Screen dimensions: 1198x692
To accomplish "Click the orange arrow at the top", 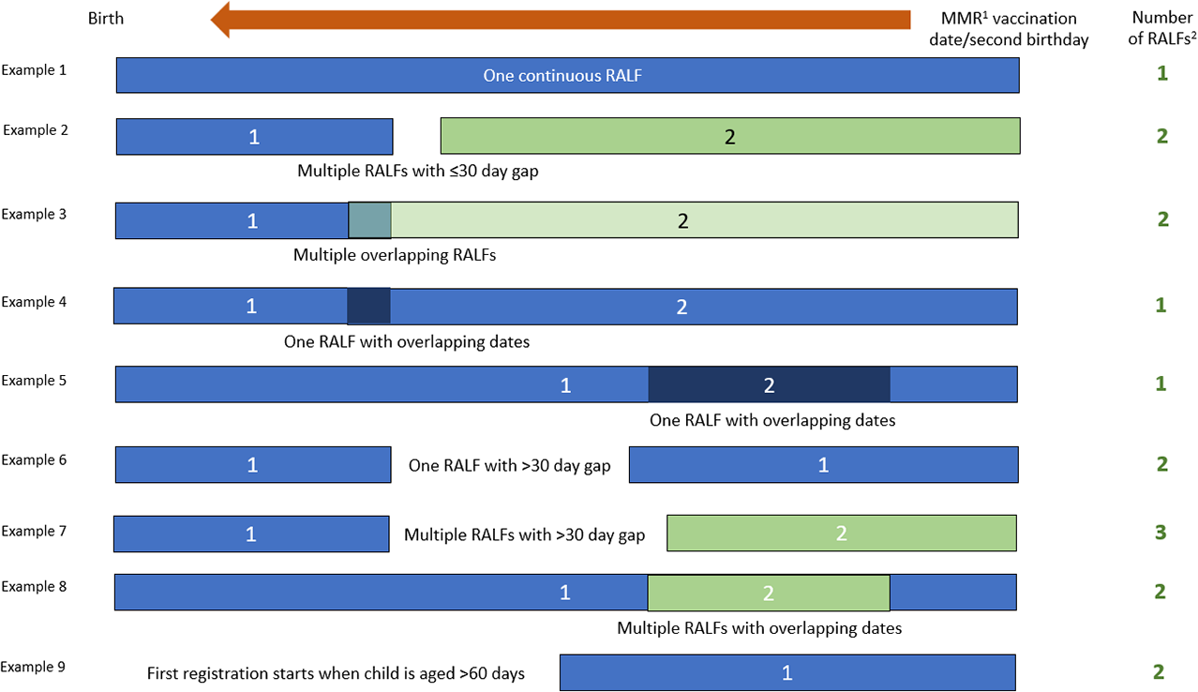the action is pyautogui.click(x=560, y=20).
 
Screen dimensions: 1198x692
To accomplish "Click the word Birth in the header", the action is pyautogui.click(x=105, y=19).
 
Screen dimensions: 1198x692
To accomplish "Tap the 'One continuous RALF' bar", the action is pyautogui.click(x=568, y=75).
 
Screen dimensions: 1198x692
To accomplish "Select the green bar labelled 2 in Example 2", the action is pyautogui.click(x=730, y=136).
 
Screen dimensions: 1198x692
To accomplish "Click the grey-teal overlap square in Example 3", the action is pyautogui.click(x=369, y=219).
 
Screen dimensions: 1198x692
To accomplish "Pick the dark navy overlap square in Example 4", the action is pyautogui.click(x=368, y=307).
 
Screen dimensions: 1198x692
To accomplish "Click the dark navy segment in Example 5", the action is pyautogui.click(x=769, y=384).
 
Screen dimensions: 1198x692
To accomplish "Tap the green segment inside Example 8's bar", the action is pyautogui.click(x=769, y=593).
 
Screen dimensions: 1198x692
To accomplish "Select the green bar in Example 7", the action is pyautogui.click(x=842, y=534).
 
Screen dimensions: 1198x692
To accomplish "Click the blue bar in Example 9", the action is pyautogui.click(x=787, y=672).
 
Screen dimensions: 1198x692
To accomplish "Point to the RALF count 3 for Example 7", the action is pyautogui.click(x=1160, y=532).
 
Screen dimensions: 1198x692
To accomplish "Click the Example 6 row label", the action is pyautogui.click(x=34, y=459).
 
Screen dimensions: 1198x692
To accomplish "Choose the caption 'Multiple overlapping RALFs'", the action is pyautogui.click(x=394, y=255).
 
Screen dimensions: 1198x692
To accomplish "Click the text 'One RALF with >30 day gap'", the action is pyautogui.click(x=509, y=465).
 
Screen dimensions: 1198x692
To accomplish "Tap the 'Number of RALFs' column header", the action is pyautogui.click(x=1161, y=28).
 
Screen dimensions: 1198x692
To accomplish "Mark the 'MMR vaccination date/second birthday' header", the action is pyautogui.click(x=1009, y=29).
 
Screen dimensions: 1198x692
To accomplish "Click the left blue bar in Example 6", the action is pyautogui.click(x=253, y=465).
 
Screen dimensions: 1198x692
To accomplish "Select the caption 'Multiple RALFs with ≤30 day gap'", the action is pyautogui.click(x=418, y=172).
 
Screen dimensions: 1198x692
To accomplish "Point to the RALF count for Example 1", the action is pyautogui.click(x=1161, y=73).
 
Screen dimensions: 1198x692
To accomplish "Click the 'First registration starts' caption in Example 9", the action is pyautogui.click(x=336, y=673).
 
